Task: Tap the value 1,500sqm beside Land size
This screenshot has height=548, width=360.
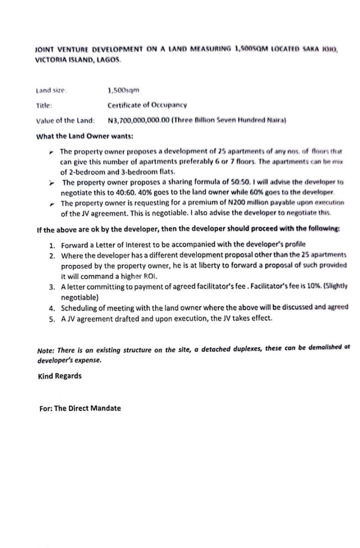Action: (x=123, y=90)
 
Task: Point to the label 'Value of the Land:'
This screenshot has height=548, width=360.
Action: (x=65, y=121)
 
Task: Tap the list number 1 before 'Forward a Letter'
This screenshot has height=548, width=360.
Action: (x=52, y=245)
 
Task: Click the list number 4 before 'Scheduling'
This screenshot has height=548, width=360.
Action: (x=52, y=308)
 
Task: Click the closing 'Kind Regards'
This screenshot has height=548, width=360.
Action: (x=60, y=376)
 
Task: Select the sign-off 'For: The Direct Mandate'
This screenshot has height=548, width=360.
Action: (x=80, y=409)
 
